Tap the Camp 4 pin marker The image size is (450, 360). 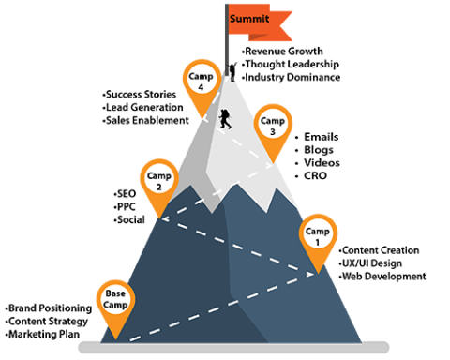197,79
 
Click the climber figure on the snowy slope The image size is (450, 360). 225,120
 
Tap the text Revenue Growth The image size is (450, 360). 282,50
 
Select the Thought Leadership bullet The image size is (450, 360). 291,63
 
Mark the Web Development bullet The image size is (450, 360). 381,276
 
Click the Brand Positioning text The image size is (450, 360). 49,307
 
